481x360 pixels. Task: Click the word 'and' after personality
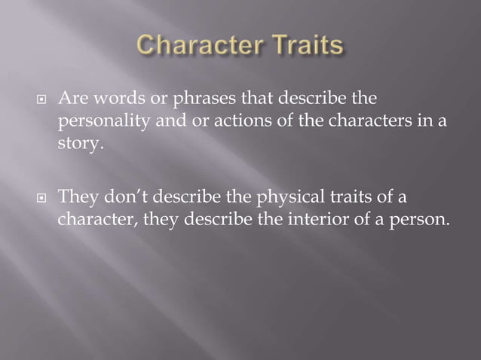tap(161, 121)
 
